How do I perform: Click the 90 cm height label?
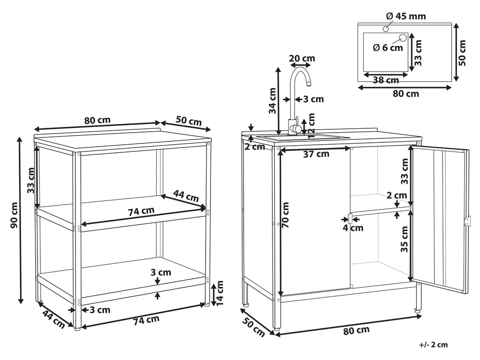point(14,215)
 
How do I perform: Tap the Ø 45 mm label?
point(406,16)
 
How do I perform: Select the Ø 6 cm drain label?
point(388,48)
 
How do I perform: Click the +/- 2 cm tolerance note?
point(433,345)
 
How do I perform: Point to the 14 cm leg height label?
point(220,293)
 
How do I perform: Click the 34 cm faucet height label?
point(272,101)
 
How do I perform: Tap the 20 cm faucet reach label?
point(302,58)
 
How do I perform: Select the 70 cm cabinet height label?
point(285,214)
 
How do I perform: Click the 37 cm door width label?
point(316,154)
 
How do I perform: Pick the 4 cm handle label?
point(353,228)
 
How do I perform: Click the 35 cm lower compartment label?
point(405,239)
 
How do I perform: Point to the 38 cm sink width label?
point(386,80)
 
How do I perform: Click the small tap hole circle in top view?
point(385,29)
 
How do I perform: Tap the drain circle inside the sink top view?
point(403,38)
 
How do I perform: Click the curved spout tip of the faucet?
point(309,83)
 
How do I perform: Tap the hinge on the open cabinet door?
point(467,222)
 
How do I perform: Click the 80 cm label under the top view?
point(406,94)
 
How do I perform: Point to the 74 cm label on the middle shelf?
point(141,211)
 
